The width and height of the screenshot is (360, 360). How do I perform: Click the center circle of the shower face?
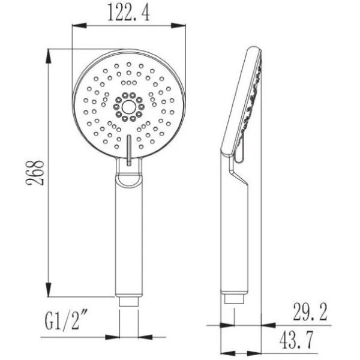(x=128, y=107)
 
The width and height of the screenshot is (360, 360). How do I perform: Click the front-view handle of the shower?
(x=128, y=240)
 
